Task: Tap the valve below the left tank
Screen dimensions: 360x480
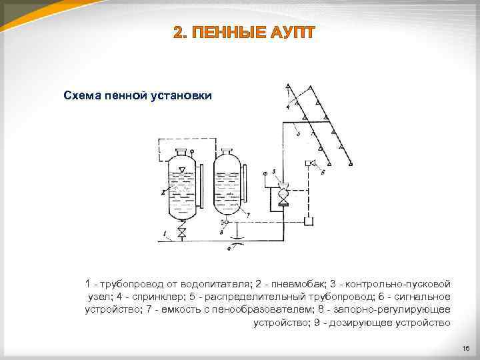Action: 181,233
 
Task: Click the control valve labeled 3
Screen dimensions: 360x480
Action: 283,194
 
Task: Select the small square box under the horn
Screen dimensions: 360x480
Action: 308,221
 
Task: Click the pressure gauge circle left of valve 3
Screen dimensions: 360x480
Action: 265,173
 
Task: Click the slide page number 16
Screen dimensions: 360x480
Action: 465,348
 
